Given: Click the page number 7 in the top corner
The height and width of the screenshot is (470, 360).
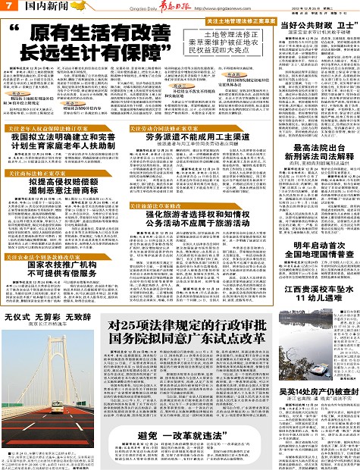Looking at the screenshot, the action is point(7,6).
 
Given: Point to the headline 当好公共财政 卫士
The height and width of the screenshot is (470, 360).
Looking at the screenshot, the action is point(315,26).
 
